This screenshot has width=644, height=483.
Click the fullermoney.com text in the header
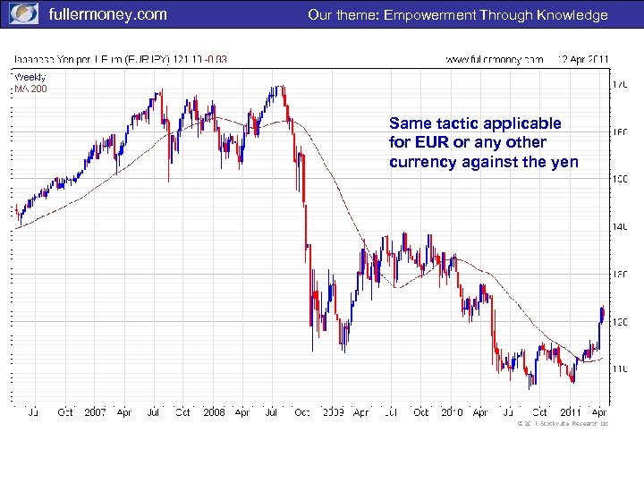pos(107,14)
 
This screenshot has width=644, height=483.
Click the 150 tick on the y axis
pos(619,180)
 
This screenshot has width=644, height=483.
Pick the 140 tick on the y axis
pos(619,227)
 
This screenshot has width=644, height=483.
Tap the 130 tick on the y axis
pos(619,274)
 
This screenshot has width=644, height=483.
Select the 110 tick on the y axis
pos(619,368)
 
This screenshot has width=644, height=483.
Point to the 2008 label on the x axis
pos(214,412)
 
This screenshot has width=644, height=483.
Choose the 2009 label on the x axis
pos(333,412)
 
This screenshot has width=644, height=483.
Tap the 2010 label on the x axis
pos(451,412)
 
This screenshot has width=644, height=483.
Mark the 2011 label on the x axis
pos(569,412)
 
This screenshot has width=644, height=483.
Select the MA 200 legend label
pos(30,88)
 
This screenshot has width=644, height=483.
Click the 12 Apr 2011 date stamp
pos(582,60)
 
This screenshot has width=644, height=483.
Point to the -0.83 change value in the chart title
pos(216,60)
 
